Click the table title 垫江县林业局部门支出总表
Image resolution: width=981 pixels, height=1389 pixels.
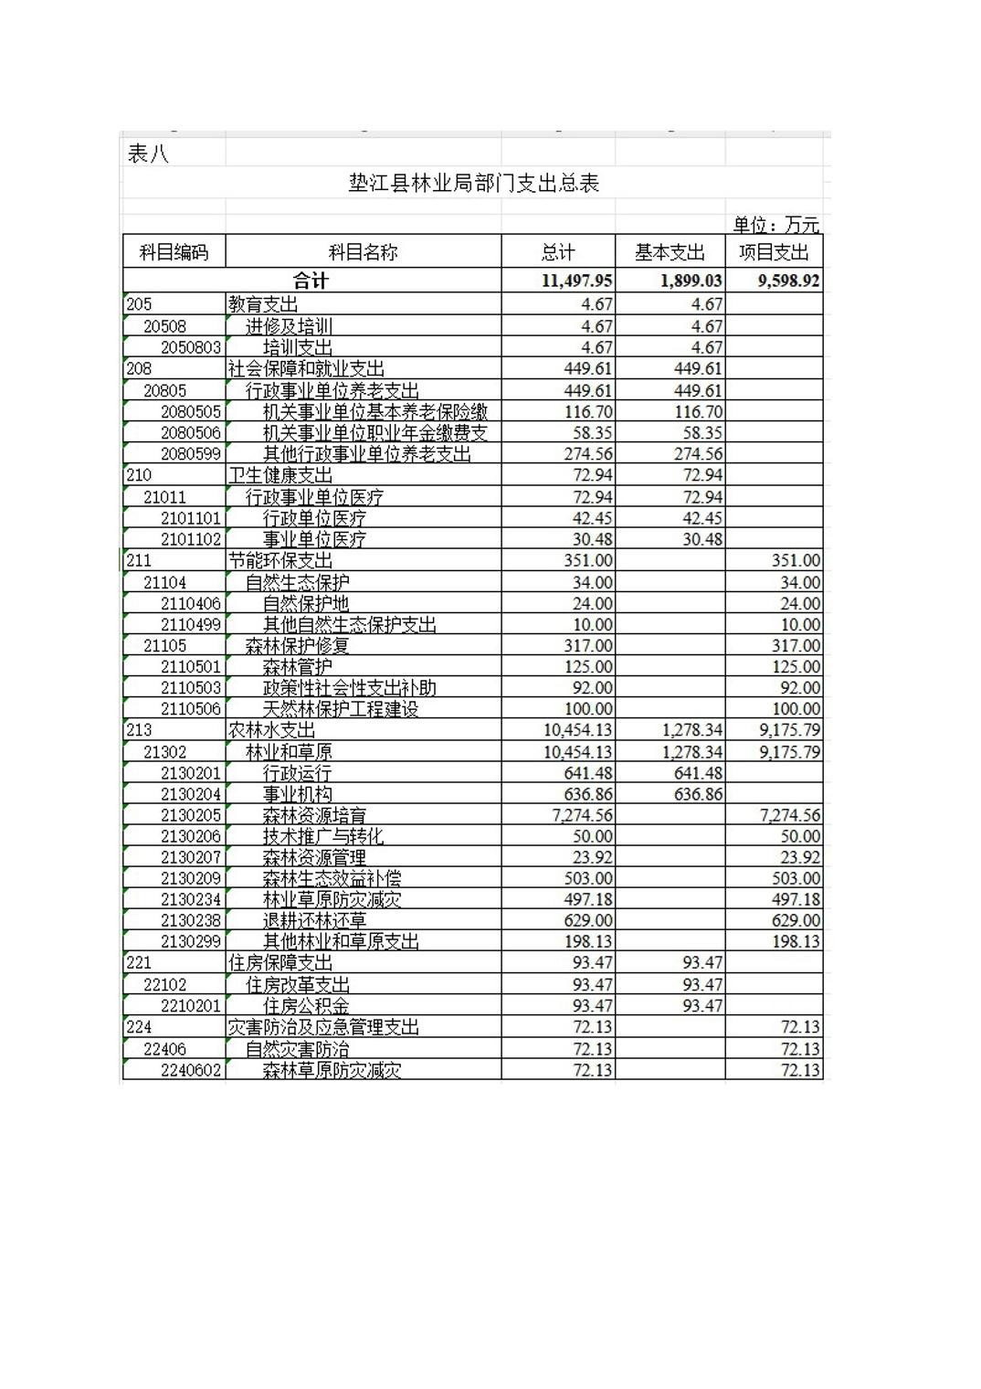(473, 184)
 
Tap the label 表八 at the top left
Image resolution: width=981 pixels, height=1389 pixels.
(148, 154)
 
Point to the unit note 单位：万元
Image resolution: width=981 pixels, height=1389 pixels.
(775, 225)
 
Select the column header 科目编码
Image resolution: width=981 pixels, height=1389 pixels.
(174, 252)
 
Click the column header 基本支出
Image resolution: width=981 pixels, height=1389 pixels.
(670, 252)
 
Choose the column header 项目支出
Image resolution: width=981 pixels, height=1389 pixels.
(774, 252)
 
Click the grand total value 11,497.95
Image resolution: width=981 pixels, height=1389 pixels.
(576, 281)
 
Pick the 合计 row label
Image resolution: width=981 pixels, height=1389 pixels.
(311, 281)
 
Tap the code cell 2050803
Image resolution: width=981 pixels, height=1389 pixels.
(191, 347)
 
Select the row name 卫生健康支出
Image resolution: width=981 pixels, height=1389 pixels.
(280, 475)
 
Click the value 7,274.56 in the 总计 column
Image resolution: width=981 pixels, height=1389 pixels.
(582, 815)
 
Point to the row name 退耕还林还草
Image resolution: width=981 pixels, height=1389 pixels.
(314, 920)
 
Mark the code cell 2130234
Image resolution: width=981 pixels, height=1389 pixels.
(191, 899)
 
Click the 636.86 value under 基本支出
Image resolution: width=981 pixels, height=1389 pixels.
(698, 794)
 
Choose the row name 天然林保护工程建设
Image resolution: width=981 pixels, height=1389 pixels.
(340, 709)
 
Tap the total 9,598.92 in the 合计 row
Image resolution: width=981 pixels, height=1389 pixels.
(788, 281)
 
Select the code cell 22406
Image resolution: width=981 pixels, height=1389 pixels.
(164, 1049)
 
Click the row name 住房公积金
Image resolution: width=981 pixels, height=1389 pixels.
(306, 1006)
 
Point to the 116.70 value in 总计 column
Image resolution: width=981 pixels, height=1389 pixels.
(588, 412)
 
